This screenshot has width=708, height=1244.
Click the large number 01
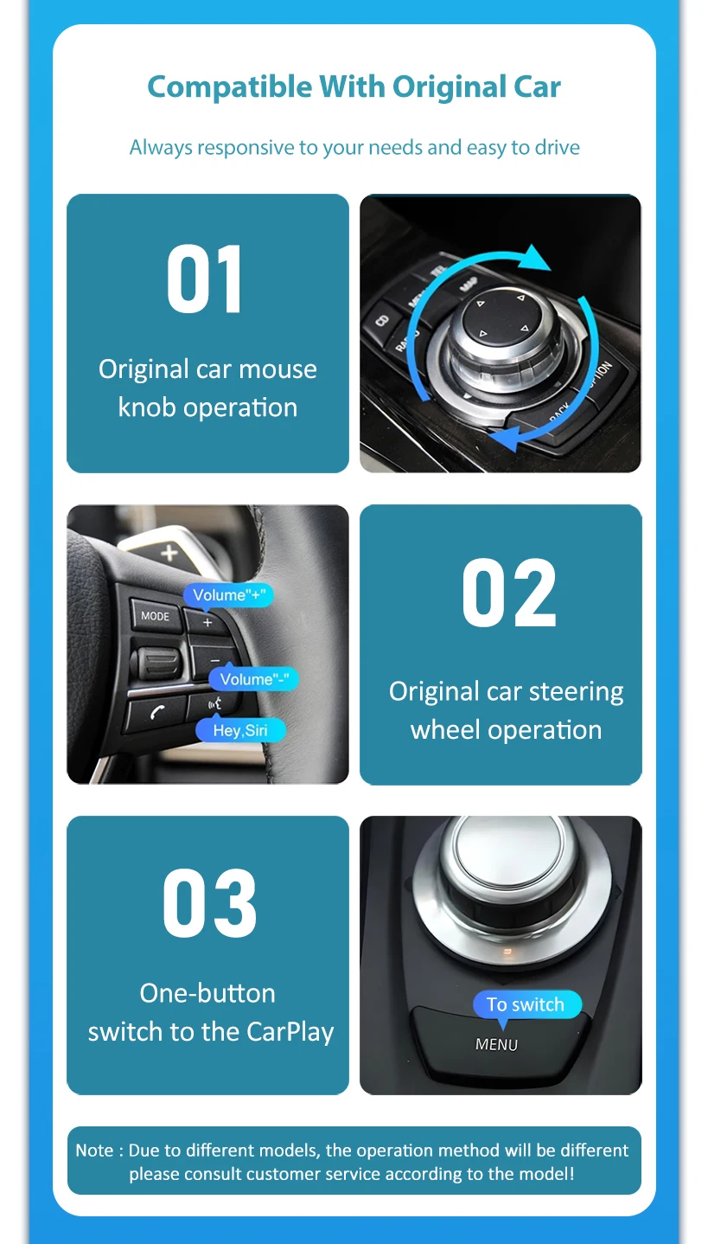coord(205,279)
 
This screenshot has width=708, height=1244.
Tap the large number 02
coord(509,593)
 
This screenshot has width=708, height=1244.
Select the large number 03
coord(210,903)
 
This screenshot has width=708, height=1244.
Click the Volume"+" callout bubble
coord(228,595)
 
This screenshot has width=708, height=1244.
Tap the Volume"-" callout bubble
coord(254,679)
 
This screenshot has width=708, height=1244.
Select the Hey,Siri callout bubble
coord(241,730)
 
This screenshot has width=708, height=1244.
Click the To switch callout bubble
coord(526,1004)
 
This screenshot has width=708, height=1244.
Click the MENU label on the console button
coord(496,1045)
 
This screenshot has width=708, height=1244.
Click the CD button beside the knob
coord(382,321)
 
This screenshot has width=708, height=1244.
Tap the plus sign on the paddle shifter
coord(169,553)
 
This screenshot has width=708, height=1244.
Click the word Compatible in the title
coord(230,87)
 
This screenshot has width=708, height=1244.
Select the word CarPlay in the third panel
coord(290,1032)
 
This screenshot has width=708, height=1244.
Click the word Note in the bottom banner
coord(95,1151)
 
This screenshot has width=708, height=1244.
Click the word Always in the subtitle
coord(161,148)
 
